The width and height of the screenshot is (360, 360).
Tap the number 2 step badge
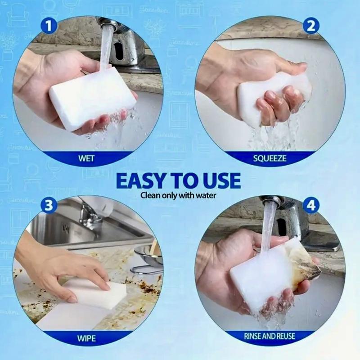310,26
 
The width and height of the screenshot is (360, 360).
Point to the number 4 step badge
310,205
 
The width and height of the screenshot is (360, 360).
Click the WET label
86,158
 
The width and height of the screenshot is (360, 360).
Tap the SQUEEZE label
270,158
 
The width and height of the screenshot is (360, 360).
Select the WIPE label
86,337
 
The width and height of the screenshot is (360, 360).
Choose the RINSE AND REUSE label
270,337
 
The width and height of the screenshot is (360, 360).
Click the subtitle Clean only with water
179,195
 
